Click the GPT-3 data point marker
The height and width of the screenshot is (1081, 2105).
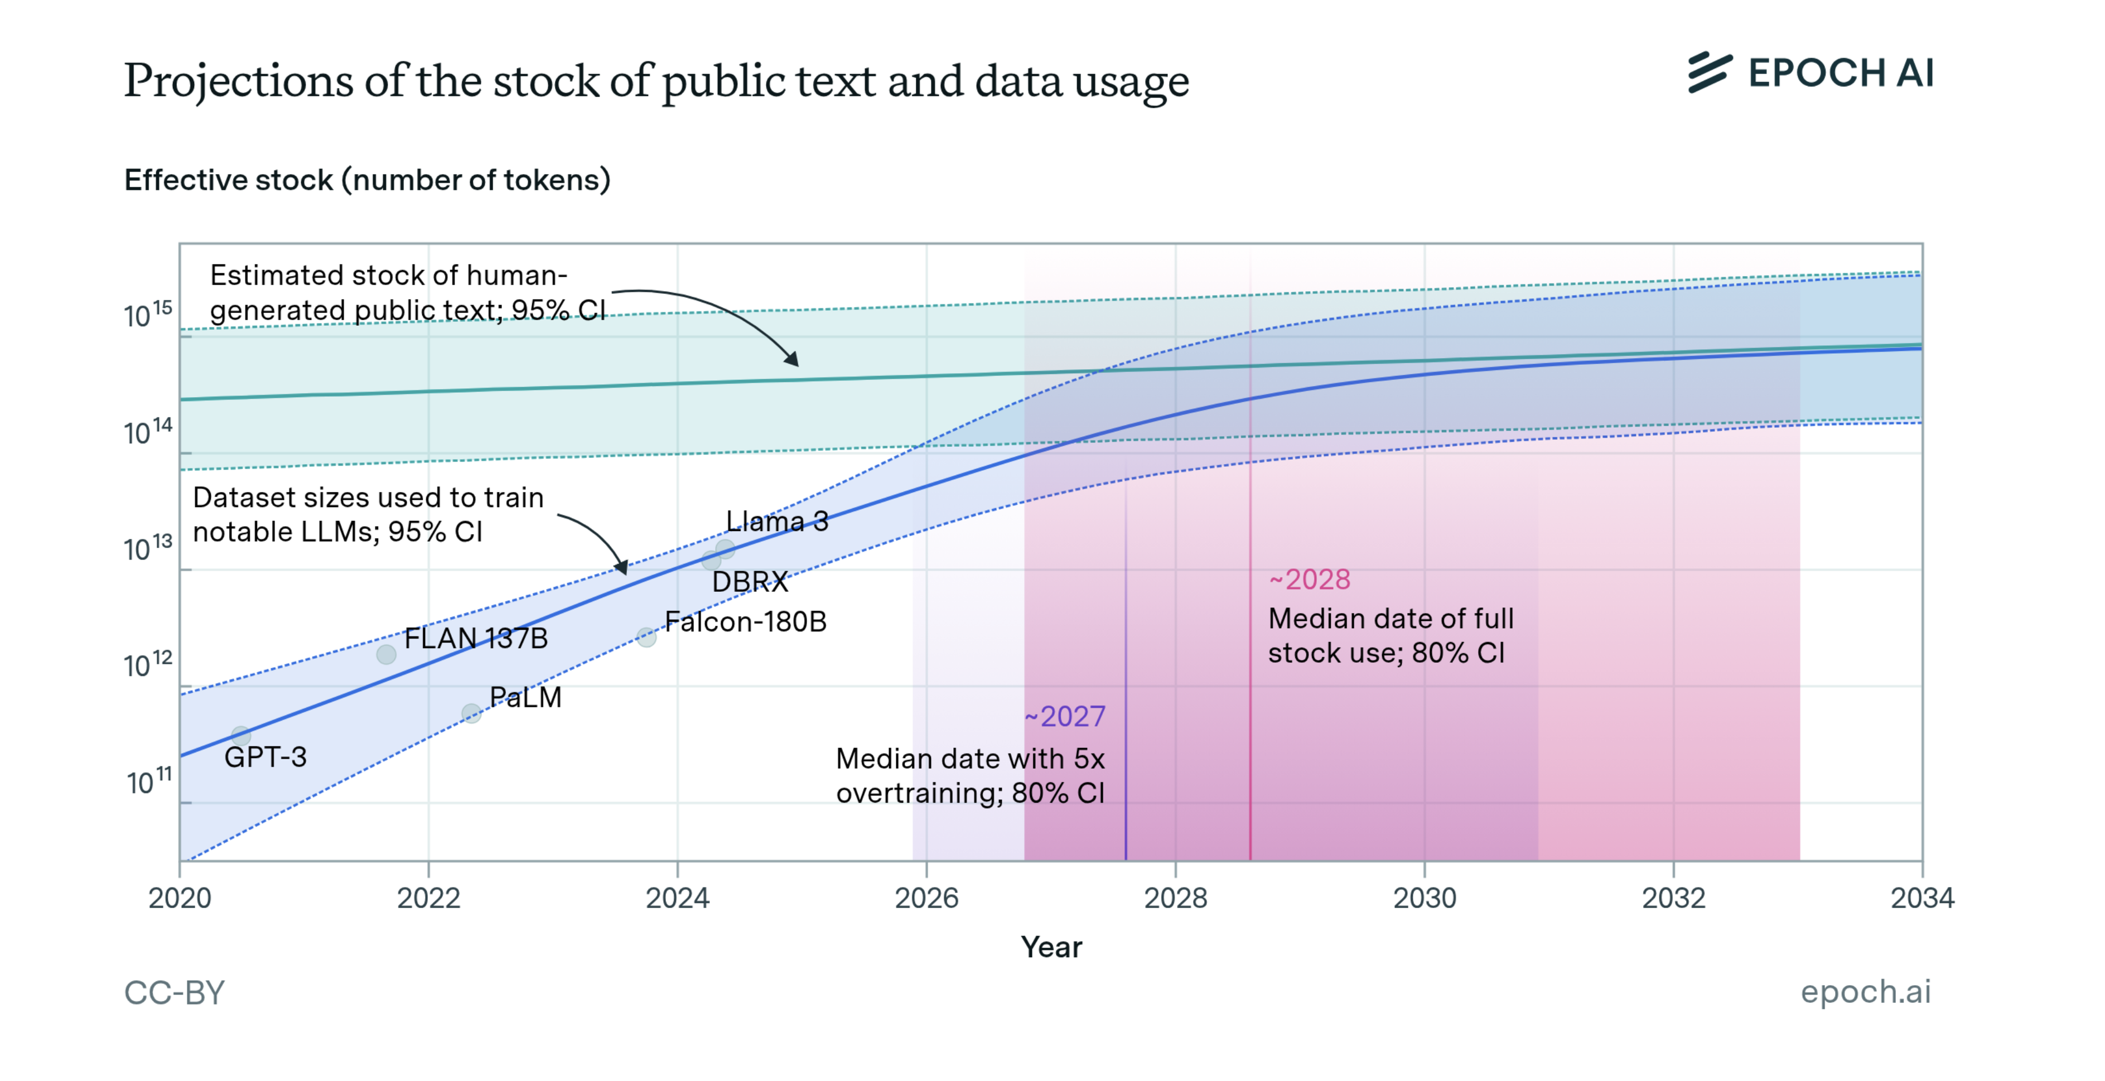(x=240, y=735)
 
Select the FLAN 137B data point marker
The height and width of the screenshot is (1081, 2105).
(x=387, y=654)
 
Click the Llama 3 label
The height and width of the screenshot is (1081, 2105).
(x=776, y=522)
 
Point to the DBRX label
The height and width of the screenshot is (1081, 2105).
(x=749, y=582)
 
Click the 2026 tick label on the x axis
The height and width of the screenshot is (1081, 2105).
(x=926, y=898)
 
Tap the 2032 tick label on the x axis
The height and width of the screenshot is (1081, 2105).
(x=1673, y=898)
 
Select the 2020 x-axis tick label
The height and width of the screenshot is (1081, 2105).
(x=180, y=898)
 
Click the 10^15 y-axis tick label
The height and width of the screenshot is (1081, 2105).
(x=148, y=315)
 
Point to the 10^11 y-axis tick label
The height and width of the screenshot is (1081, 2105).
(x=149, y=782)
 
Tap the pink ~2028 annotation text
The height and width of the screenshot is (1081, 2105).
(x=1309, y=580)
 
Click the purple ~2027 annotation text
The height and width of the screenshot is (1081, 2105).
(x=1065, y=717)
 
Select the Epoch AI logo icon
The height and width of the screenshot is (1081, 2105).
(x=1710, y=73)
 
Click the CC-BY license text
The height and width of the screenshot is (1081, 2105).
(x=174, y=993)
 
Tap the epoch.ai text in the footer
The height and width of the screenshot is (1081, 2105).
(x=1866, y=991)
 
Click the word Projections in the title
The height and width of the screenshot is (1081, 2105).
(x=238, y=81)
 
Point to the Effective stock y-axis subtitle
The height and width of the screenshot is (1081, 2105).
(x=367, y=180)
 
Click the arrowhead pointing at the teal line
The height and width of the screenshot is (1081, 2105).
(x=792, y=360)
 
